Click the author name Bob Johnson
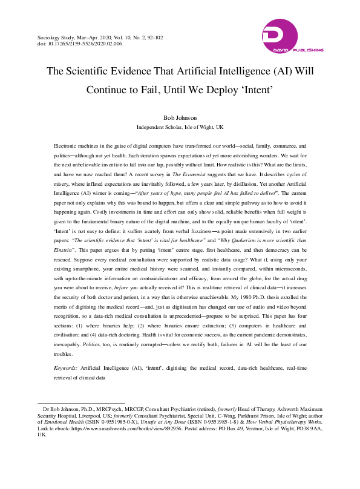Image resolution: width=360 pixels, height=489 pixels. [180, 118]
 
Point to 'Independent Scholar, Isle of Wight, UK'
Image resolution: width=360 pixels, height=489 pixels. [180, 128]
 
